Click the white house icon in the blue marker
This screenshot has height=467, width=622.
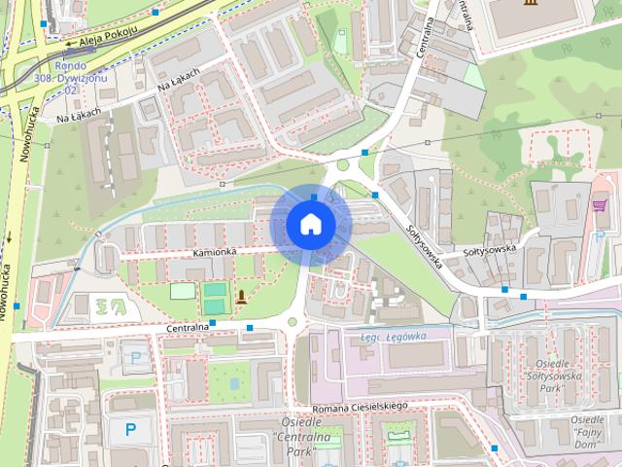tap(310, 224)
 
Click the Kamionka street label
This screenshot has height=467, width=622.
tap(216, 252)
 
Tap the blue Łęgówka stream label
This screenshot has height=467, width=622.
tap(394, 336)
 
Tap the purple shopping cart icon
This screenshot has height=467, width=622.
tap(599, 205)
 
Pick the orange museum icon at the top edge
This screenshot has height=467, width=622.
tap(528, 5)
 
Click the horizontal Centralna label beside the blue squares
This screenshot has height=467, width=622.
tap(188, 328)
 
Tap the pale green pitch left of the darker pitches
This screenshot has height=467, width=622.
tap(182, 290)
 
